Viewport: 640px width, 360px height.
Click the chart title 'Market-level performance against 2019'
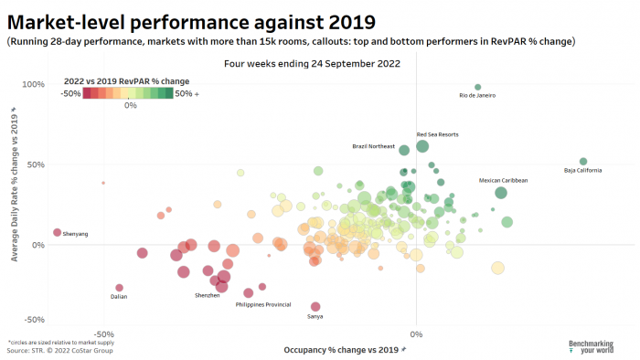[192, 19]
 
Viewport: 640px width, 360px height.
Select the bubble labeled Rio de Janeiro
[478, 87]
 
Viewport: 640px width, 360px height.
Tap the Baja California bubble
[582, 161]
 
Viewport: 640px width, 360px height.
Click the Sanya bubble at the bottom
[315, 307]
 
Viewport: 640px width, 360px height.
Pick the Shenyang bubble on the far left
[57, 232]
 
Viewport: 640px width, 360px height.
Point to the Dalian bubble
[119, 288]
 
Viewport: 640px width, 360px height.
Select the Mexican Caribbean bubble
[501, 192]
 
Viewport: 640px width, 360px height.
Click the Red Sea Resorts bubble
[422, 146]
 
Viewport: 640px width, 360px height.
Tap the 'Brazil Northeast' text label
[373, 146]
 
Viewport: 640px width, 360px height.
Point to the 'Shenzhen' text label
[207, 295]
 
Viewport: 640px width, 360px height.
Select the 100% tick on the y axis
[33, 84]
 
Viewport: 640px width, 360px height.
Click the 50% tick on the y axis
[35, 164]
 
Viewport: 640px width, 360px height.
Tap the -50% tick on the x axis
[103, 333]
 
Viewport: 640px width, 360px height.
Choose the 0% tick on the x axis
[416, 333]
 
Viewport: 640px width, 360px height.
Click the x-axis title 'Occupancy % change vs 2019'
[344, 349]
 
